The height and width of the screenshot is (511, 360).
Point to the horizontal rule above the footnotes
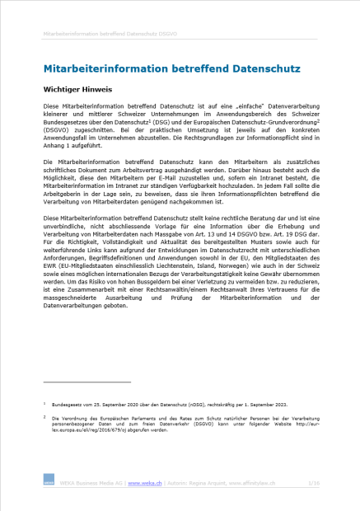[86, 382]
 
